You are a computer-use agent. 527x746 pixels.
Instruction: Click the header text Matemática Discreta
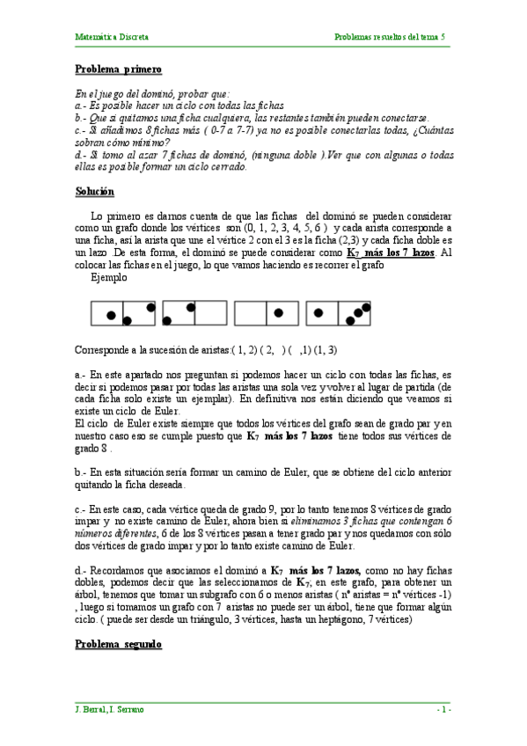(x=112, y=37)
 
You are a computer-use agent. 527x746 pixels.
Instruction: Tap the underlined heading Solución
(x=94, y=192)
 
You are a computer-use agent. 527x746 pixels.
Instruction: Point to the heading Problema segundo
(x=118, y=644)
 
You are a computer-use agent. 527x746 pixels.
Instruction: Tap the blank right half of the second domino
(x=210, y=314)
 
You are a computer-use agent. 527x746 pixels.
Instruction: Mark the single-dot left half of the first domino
(x=109, y=314)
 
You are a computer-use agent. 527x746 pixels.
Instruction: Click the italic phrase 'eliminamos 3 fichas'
(x=338, y=522)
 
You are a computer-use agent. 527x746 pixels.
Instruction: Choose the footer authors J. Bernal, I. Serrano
(x=110, y=709)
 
